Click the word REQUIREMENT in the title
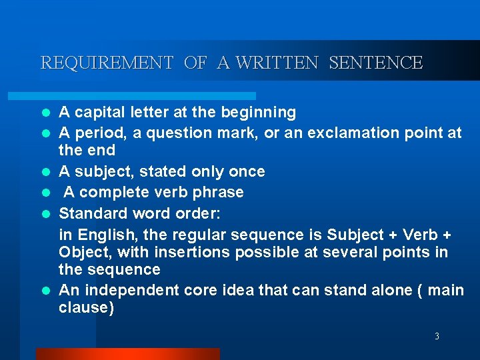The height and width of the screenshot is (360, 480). (x=107, y=63)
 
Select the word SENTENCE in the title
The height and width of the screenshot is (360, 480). (x=376, y=63)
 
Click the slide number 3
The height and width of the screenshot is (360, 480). (x=437, y=337)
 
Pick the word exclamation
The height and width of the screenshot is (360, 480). (x=341, y=133)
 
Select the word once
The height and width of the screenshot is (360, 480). (x=246, y=172)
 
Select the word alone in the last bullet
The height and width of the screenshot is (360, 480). (x=388, y=291)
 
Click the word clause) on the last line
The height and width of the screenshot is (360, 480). (x=87, y=308)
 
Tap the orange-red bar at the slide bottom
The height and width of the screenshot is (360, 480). (x=127, y=353)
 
